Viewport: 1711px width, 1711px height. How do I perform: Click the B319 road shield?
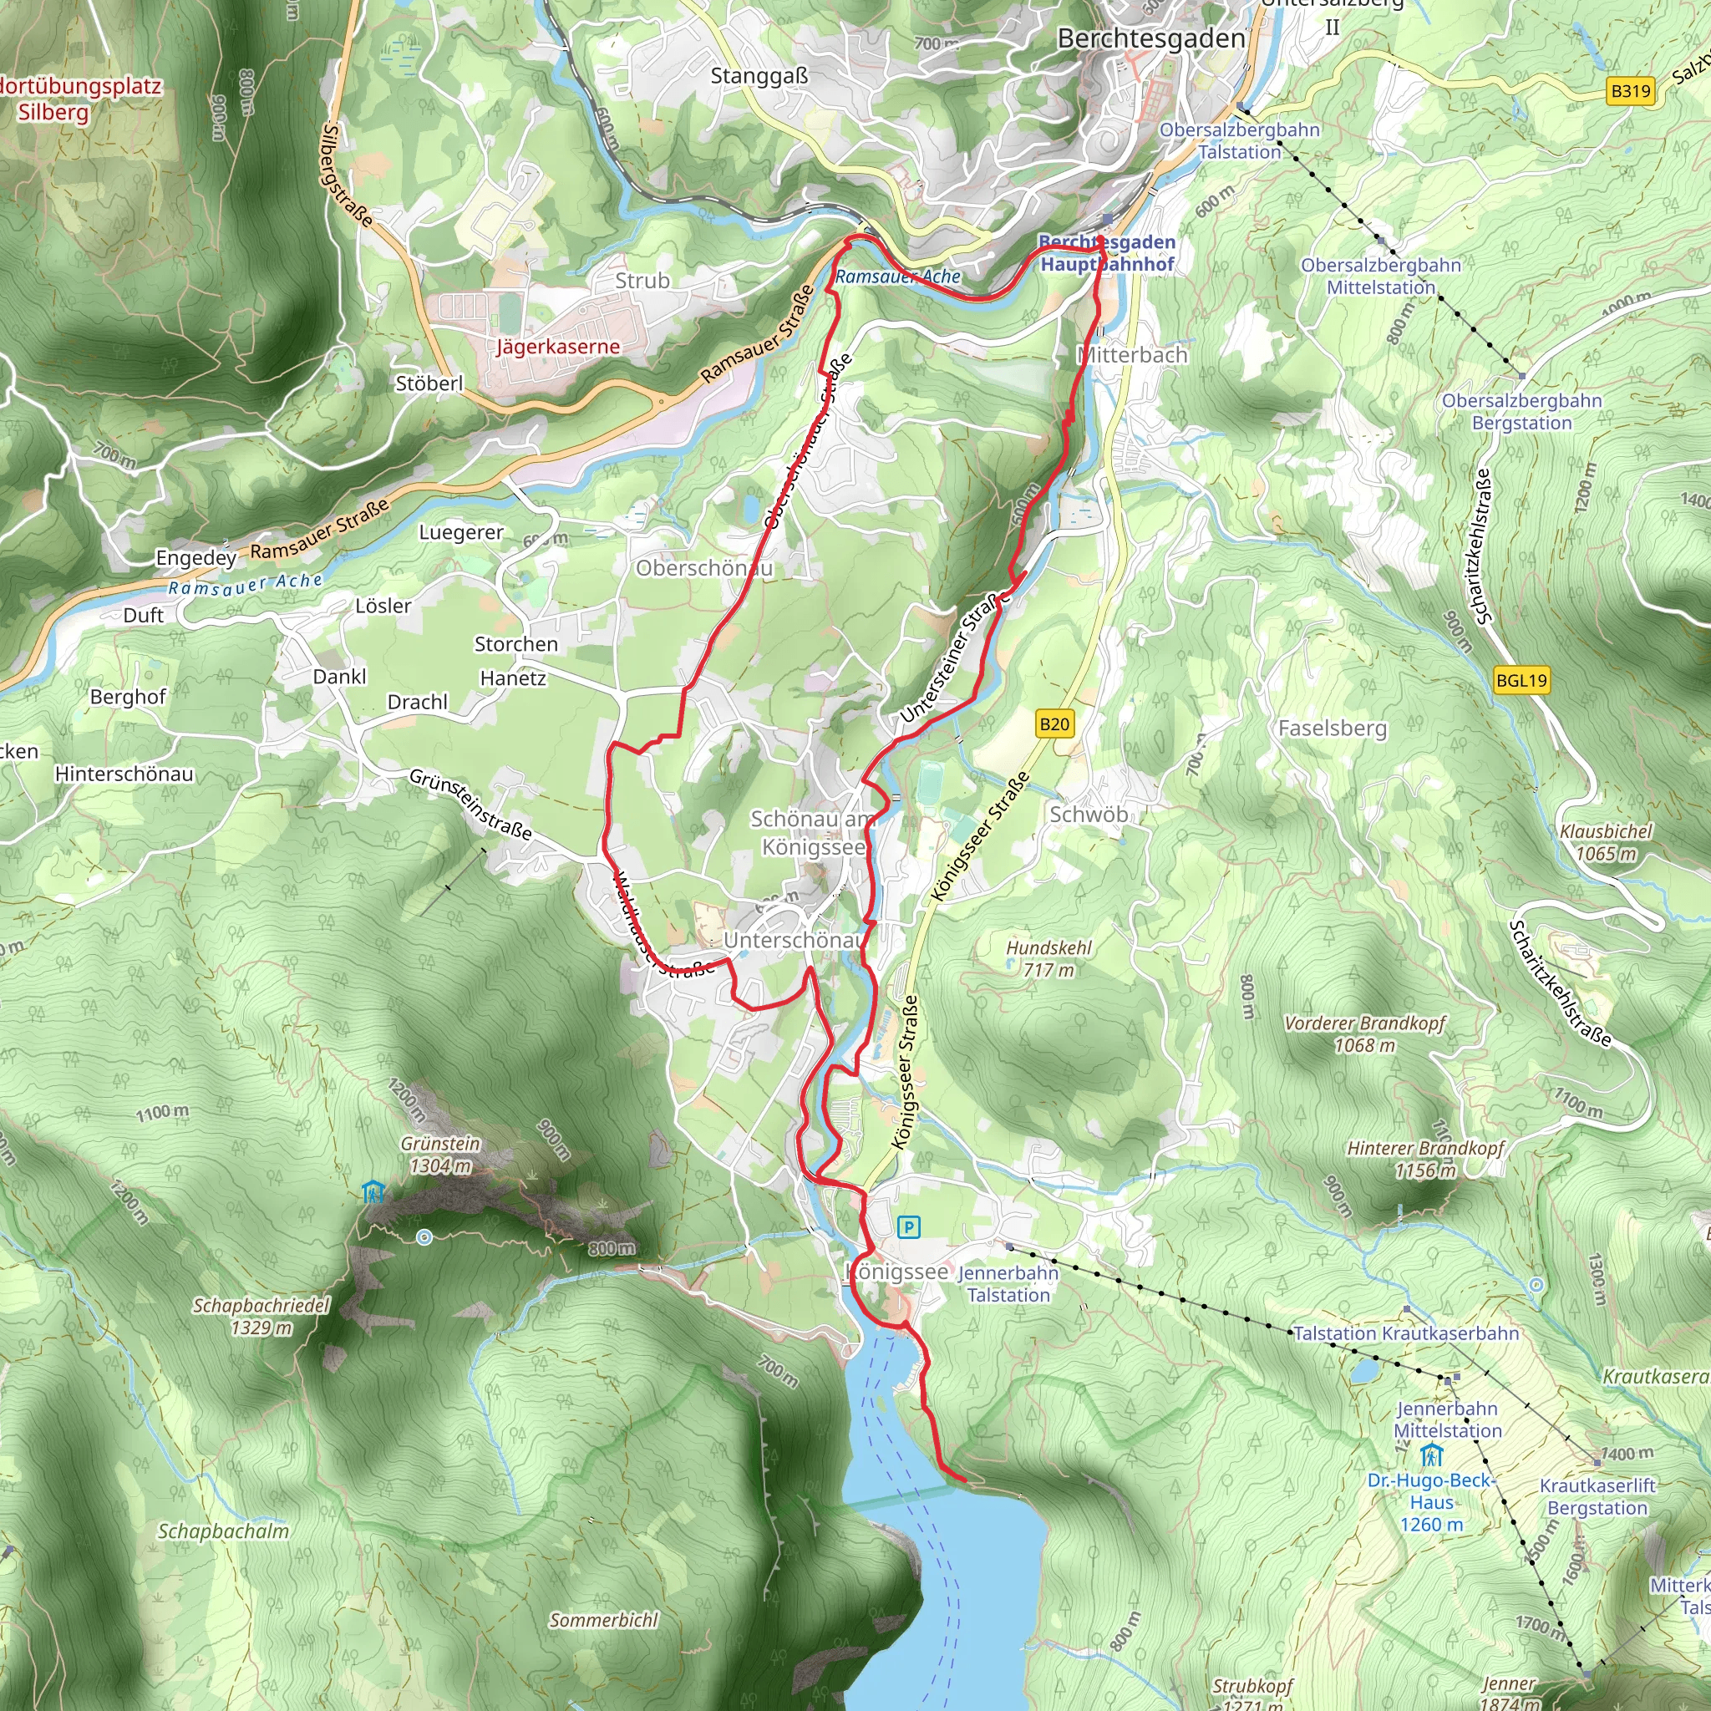pos(1631,90)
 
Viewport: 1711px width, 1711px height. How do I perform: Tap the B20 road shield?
pos(1054,724)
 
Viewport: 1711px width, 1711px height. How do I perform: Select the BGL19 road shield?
pos(1521,680)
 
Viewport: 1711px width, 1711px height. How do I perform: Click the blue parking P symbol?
pos(909,1226)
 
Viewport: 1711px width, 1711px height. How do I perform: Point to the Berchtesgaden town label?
pos(1151,39)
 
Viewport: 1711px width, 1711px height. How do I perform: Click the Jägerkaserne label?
pos(558,346)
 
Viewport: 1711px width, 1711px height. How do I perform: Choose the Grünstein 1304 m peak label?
pos(440,1155)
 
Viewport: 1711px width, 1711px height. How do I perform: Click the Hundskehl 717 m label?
pos(1048,959)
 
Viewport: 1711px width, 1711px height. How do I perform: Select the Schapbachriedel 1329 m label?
pos(261,1316)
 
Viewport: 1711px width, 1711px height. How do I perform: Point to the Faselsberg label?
pos(1332,728)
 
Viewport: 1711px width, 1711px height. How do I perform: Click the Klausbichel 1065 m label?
pos(1606,842)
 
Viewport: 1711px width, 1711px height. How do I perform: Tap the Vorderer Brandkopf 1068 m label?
pos(1365,1033)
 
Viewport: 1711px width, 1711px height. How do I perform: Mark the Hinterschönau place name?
pos(124,774)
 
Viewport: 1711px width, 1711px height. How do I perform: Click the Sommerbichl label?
pos(604,1621)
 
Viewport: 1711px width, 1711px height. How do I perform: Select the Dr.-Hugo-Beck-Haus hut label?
pos(1431,1502)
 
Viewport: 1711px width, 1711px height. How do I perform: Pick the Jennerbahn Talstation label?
pos(1008,1283)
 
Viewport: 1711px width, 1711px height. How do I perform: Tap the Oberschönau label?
pos(704,569)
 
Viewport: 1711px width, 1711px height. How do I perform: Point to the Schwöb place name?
pos(1089,814)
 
